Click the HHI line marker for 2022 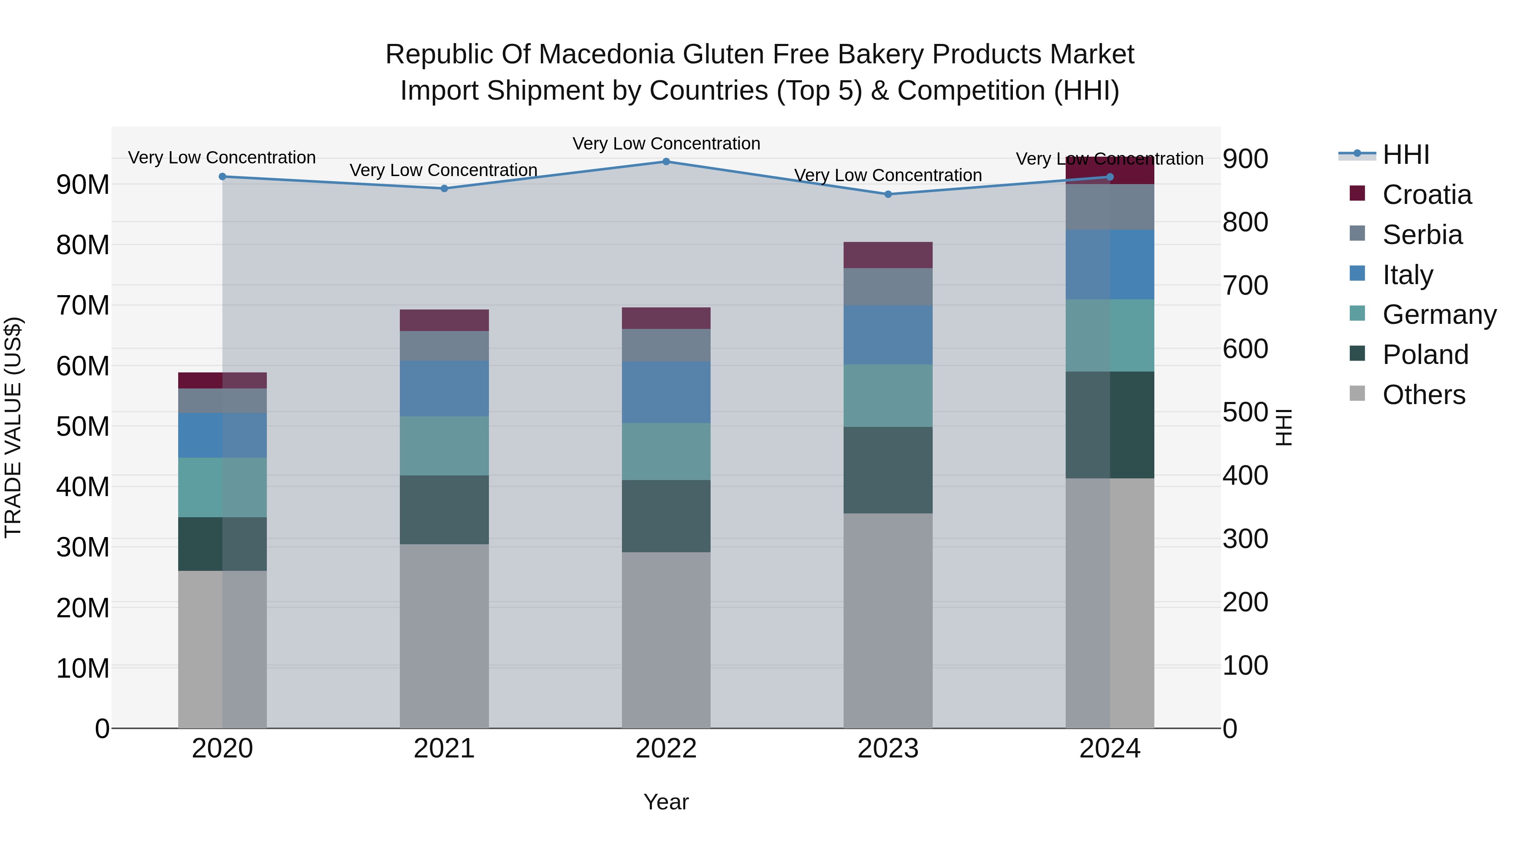point(666,162)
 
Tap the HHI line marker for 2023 point(888,194)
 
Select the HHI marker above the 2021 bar point(444,189)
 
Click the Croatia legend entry point(1426,195)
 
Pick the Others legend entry point(1423,395)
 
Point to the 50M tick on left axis point(83,426)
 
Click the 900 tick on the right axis point(1245,159)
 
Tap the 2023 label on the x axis point(888,749)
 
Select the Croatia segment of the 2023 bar point(888,255)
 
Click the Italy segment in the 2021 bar point(444,388)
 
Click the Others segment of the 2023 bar point(888,619)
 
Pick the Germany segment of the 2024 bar point(1110,335)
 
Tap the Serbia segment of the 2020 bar point(223,401)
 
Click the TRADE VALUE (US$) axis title point(13,427)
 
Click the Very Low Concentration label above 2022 point(666,144)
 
